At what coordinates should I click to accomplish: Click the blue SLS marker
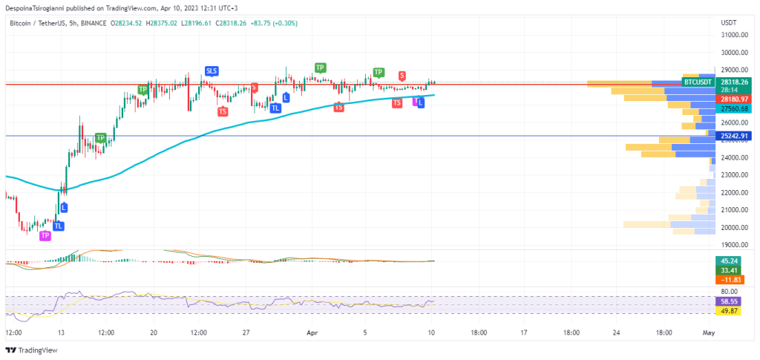(212, 71)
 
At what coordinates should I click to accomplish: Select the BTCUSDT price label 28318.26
(733, 82)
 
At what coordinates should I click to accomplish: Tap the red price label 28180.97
(733, 99)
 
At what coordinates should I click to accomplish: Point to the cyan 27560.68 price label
(733, 108)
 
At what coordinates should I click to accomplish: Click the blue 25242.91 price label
(733, 136)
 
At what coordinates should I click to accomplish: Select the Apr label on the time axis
(312, 333)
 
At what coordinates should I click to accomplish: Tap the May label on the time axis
(709, 333)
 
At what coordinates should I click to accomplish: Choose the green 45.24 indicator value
(726, 261)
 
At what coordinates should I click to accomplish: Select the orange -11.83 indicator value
(726, 279)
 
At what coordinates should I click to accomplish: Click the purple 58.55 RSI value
(726, 302)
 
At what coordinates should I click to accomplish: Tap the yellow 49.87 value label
(726, 311)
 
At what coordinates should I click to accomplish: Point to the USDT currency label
(729, 23)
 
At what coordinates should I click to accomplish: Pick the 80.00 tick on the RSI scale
(728, 292)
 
